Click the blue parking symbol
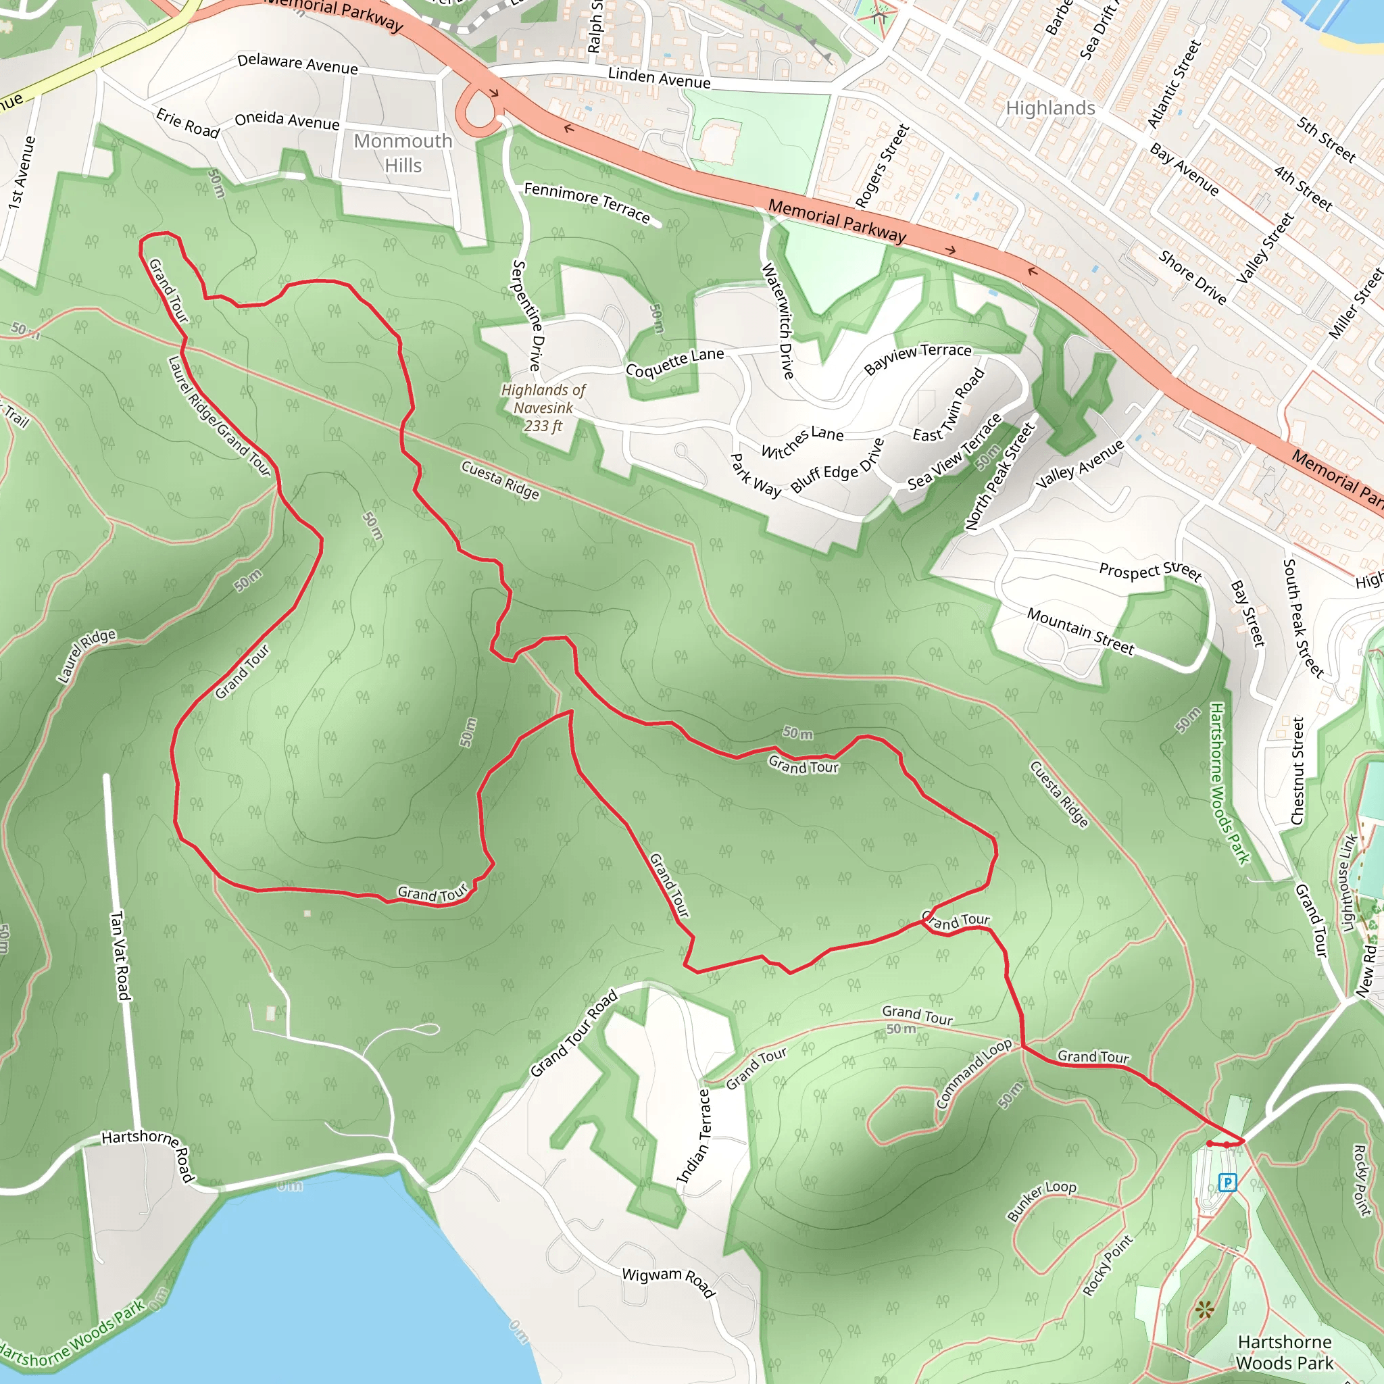[x=1227, y=1182]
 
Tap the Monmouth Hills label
[x=403, y=153]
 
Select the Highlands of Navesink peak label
[x=543, y=407]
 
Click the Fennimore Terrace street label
[x=587, y=203]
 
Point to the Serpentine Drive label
[x=528, y=315]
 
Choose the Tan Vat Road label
[x=120, y=955]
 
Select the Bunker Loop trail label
[x=1041, y=1200]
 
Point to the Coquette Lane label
[x=675, y=362]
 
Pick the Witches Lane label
[x=801, y=441]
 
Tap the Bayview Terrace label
[x=918, y=358]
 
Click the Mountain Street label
[x=1081, y=631]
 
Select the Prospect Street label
[x=1150, y=571]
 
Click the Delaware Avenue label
[x=297, y=64]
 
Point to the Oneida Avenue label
[x=287, y=120]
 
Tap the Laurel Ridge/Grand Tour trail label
[x=218, y=416]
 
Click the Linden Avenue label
[x=659, y=77]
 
